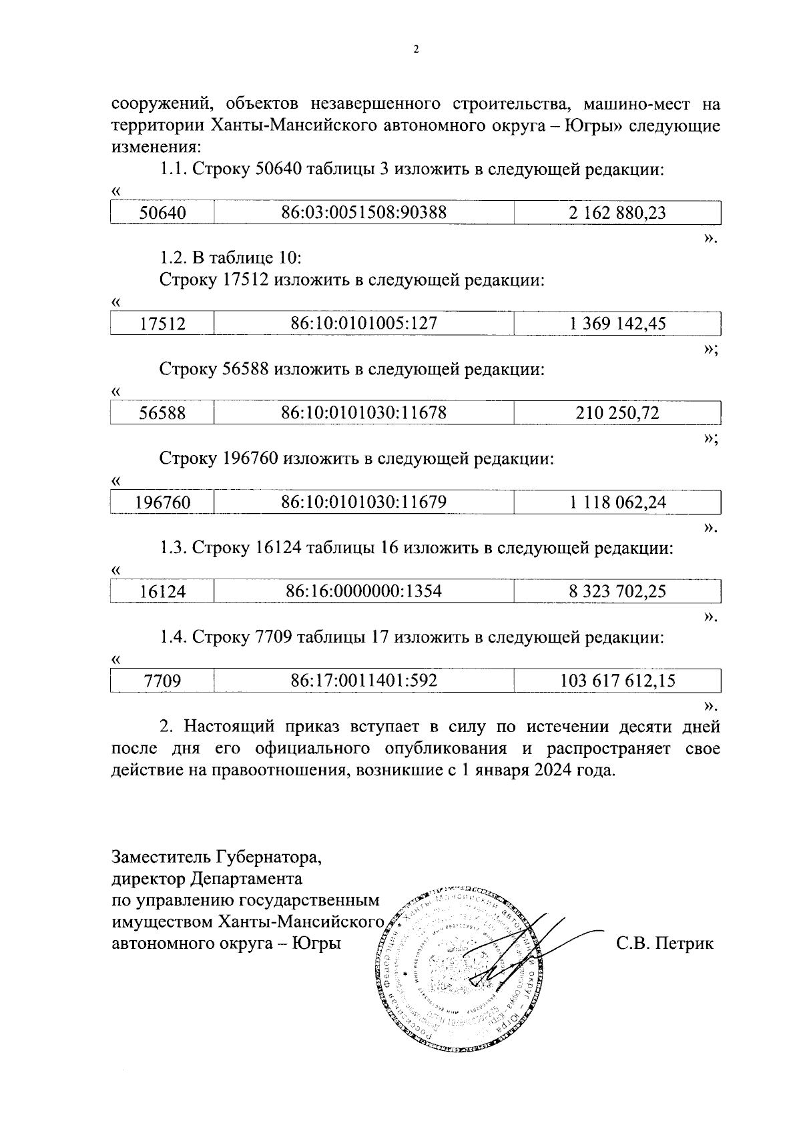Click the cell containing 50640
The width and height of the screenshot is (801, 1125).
pyautogui.click(x=162, y=213)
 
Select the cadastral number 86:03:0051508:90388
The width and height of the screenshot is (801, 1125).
pyautogui.click(x=364, y=213)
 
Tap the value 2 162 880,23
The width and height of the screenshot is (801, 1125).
pyautogui.click(x=617, y=213)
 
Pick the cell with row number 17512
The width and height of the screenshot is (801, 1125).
pyautogui.click(x=162, y=324)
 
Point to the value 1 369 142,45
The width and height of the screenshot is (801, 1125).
pyautogui.click(x=617, y=324)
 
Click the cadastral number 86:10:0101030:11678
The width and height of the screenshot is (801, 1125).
pyautogui.click(x=364, y=413)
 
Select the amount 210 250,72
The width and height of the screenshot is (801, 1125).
pyautogui.click(x=617, y=413)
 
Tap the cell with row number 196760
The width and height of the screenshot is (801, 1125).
pyautogui.click(x=162, y=502)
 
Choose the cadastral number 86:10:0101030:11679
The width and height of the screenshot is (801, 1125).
pyautogui.click(x=364, y=502)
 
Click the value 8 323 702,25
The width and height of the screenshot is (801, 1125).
pyautogui.click(x=617, y=591)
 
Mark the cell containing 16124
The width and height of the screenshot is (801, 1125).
pyautogui.click(x=162, y=591)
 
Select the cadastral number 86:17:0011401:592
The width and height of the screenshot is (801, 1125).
pyautogui.click(x=364, y=681)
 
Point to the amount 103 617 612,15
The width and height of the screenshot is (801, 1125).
pyautogui.click(x=617, y=681)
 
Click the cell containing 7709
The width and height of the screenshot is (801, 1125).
pyautogui.click(x=162, y=681)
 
